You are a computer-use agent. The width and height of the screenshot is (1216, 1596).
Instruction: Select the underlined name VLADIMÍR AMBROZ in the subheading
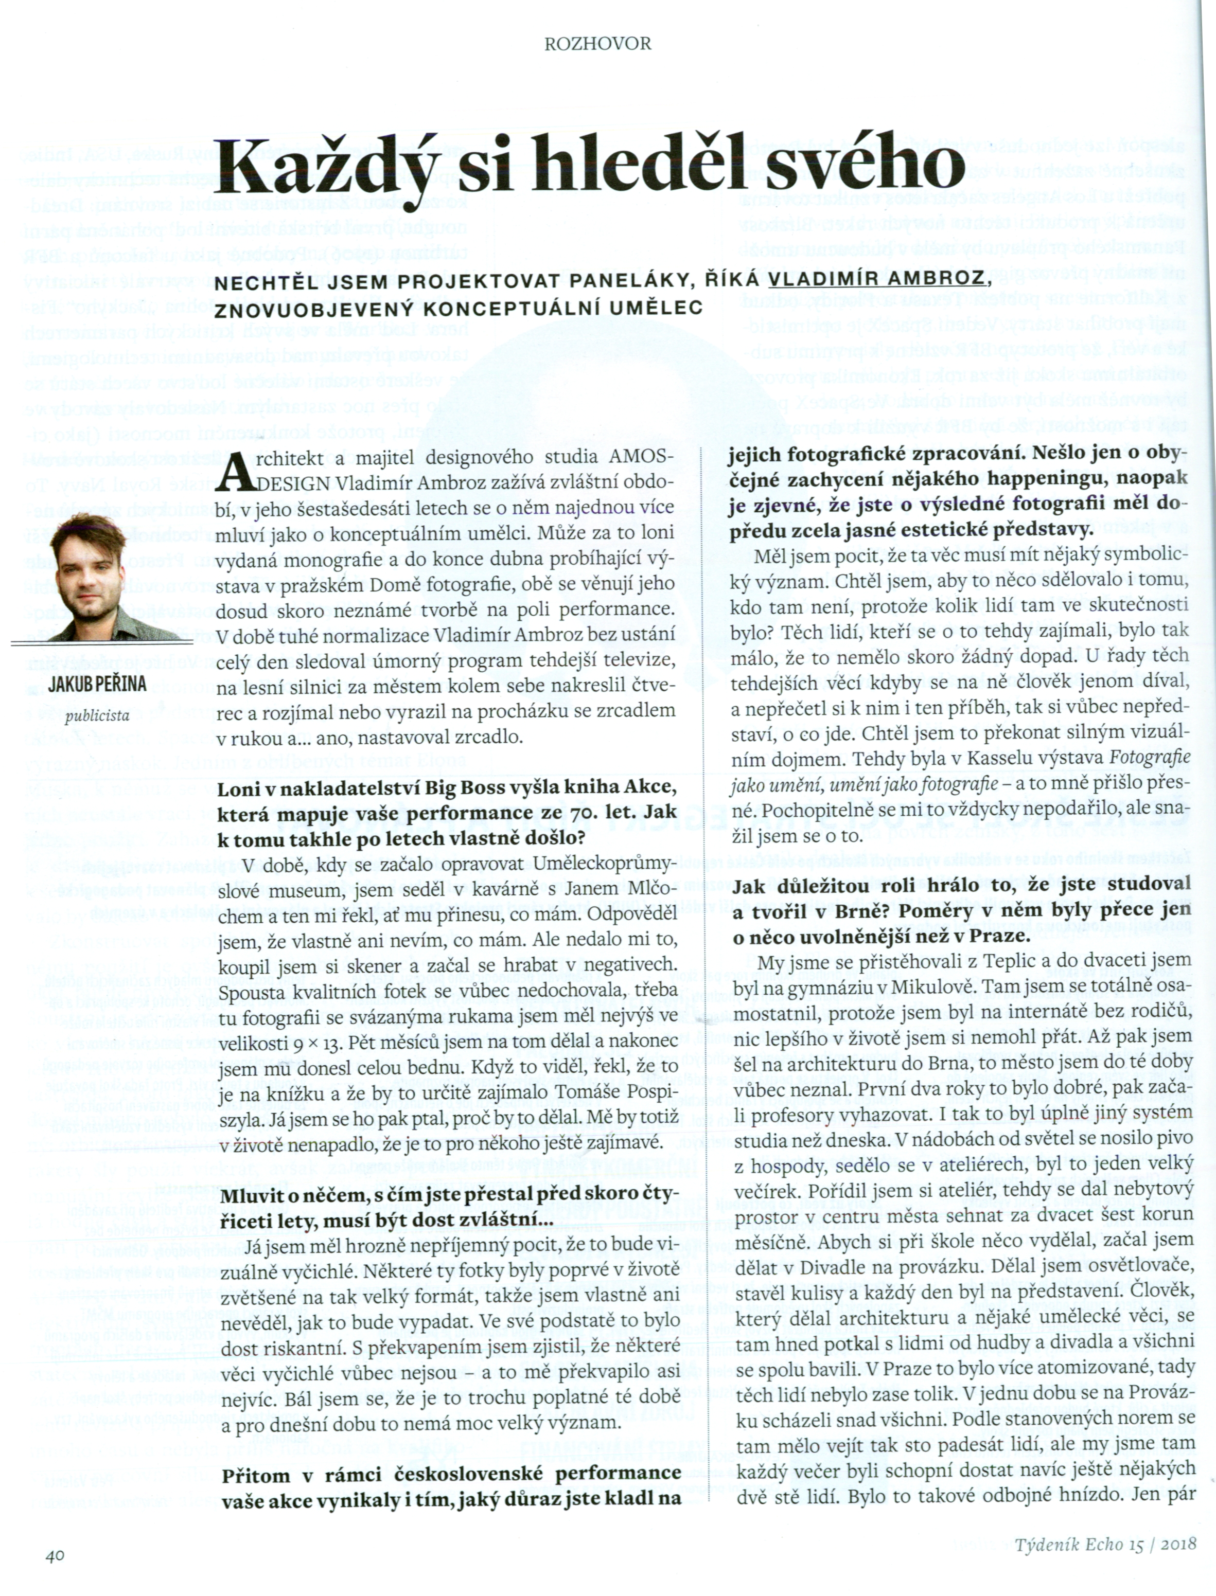tap(876, 280)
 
